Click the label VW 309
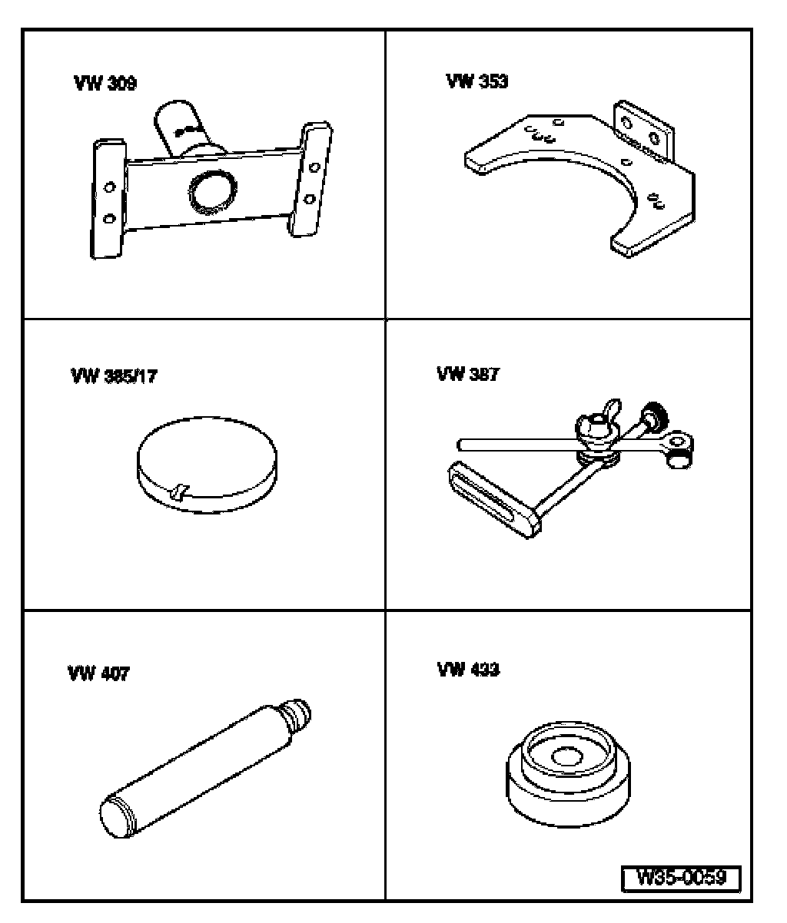(105, 84)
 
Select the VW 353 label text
(477, 81)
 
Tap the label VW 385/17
(113, 377)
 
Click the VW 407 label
(99, 673)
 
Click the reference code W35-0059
(680, 878)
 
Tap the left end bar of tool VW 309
(108, 199)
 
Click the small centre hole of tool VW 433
(569, 756)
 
